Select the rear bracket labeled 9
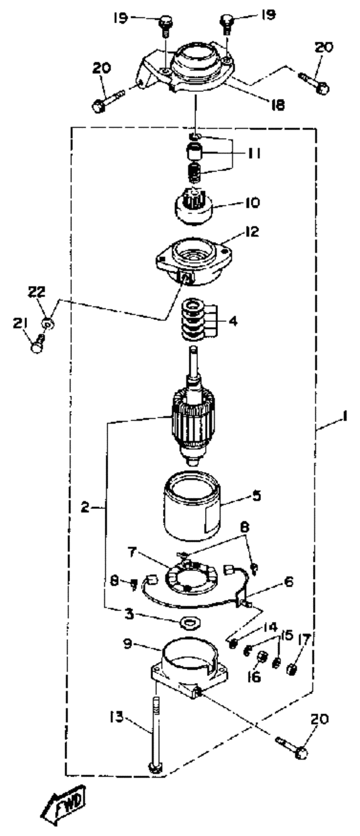tap(190, 663)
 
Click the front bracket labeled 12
tap(194, 262)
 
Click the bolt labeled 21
tap(38, 344)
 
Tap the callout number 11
tap(254, 154)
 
